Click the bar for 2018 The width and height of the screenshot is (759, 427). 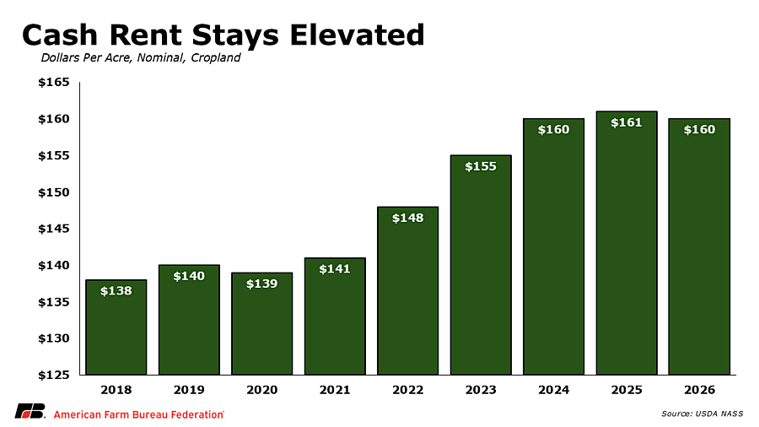(x=116, y=327)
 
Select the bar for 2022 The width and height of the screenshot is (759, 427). (x=408, y=291)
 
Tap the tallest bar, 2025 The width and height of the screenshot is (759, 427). (x=627, y=243)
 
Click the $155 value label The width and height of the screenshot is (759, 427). (x=481, y=166)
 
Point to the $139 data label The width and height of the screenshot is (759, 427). (x=262, y=284)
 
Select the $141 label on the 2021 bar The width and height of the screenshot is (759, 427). (x=335, y=268)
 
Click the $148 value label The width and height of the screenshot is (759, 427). (x=407, y=219)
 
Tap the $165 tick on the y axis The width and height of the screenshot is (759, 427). (x=54, y=83)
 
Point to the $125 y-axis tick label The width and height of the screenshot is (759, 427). (x=54, y=375)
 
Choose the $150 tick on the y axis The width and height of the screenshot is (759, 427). (x=54, y=192)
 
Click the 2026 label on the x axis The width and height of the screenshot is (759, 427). (x=699, y=390)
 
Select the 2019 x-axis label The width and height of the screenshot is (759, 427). (x=189, y=390)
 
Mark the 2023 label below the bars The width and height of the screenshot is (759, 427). (x=481, y=390)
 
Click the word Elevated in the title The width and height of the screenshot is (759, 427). (x=358, y=35)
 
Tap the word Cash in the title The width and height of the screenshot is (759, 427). (x=61, y=35)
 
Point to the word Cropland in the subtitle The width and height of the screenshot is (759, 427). (x=215, y=58)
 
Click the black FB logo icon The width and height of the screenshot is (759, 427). (x=30, y=411)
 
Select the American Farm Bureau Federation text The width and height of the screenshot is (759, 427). (x=138, y=414)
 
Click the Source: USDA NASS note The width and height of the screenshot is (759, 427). (x=702, y=413)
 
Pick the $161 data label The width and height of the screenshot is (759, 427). (x=627, y=123)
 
